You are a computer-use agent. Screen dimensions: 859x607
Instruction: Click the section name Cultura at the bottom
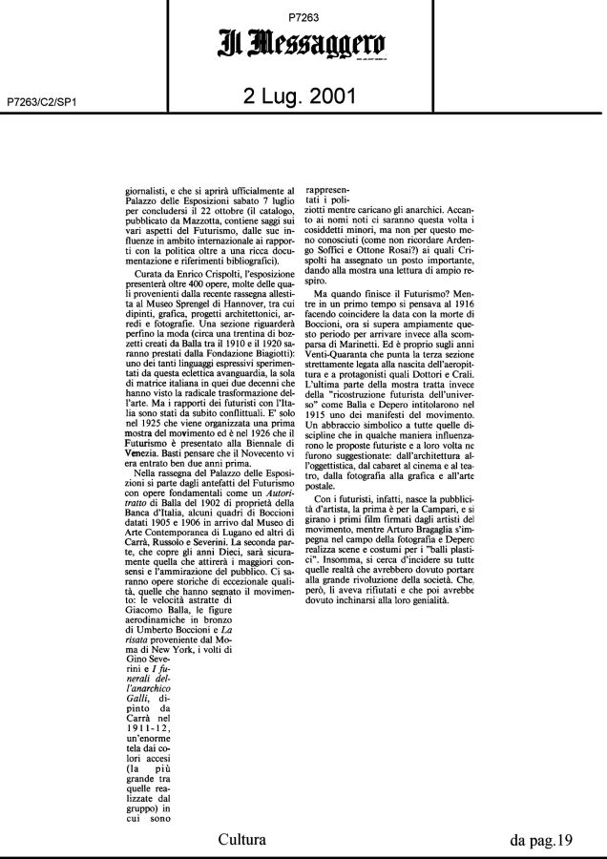click(242, 841)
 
